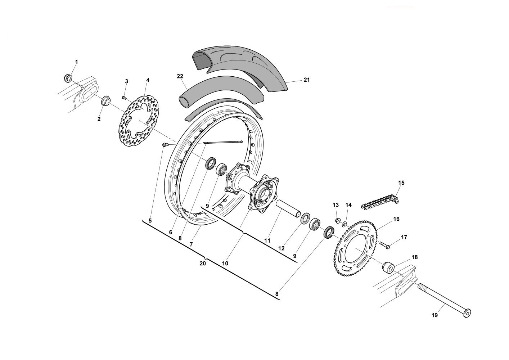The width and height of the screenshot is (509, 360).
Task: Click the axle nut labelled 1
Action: (67, 78)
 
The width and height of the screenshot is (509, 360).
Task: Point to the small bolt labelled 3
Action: (124, 98)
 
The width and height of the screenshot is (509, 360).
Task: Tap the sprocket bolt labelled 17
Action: (384, 245)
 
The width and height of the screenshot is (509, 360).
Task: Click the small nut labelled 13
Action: (338, 220)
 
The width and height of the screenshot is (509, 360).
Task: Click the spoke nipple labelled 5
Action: (165, 144)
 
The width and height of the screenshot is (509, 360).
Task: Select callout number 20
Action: (202, 264)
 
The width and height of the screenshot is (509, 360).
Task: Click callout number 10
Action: (225, 264)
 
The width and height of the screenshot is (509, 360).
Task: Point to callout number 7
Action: (191, 244)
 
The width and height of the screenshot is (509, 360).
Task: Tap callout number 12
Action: (281, 248)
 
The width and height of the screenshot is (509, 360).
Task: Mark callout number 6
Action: (171, 232)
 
